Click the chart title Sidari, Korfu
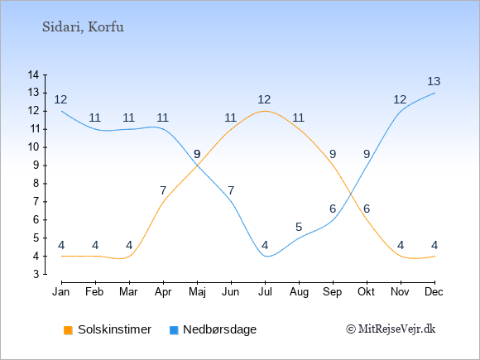click(x=83, y=27)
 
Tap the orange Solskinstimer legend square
click(x=68, y=330)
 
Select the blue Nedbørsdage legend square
click(x=174, y=330)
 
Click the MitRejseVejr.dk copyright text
click(x=391, y=329)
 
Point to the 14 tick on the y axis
click(x=33, y=74)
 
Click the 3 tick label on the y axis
click(x=36, y=274)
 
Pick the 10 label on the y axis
click(x=33, y=147)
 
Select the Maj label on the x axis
click(x=197, y=292)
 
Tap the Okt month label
click(x=366, y=292)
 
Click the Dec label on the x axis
click(x=434, y=292)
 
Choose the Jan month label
click(x=61, y=292)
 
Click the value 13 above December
click(x=434, y=81)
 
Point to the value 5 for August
click(x=299, y=227)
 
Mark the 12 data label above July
click(x=264, y=99)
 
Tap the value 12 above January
click(x=60, y=99)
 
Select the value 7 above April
click(x=163, y=190)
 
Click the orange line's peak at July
click(x=265, y=111)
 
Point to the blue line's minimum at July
click(x=266, y=257)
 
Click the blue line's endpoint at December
click(x=434, y=93)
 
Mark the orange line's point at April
click(x=164, y=202)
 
